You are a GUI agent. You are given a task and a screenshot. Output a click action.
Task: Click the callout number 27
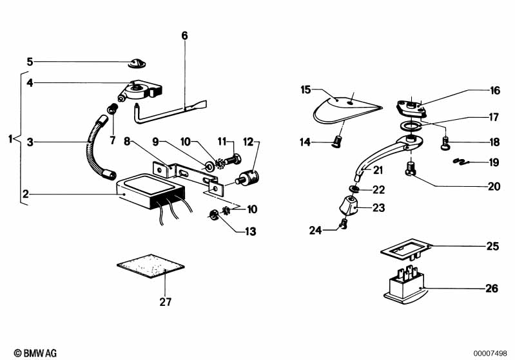(166, 301)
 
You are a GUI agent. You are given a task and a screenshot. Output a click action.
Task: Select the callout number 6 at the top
(184, 36)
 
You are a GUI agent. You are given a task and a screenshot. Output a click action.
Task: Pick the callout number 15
(306, 90)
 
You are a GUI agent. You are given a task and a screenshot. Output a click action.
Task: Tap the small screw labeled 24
(344, 225)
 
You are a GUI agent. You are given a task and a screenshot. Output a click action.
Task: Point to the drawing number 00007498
(491, 353)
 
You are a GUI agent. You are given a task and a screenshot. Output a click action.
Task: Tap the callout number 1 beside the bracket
(9, 138)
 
